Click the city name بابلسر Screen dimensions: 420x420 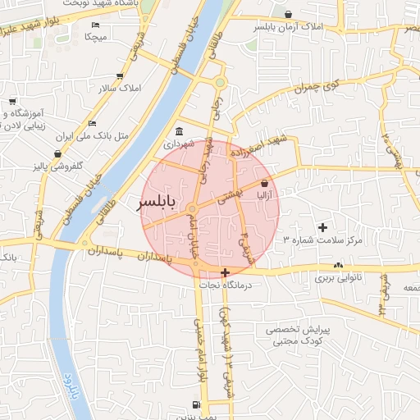pos(155,202)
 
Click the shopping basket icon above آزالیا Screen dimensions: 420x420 pos(264,184)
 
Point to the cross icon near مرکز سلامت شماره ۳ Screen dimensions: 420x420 pos(322,226)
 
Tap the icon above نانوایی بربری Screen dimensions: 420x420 pos(338,265)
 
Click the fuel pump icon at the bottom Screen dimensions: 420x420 pos(195,405)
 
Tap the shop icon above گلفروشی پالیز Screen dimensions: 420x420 pos(57,153)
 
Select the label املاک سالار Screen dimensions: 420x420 pos(120,88)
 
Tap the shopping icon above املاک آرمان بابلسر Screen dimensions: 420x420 pos(288,14)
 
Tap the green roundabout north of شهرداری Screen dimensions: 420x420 pos(220,82)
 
